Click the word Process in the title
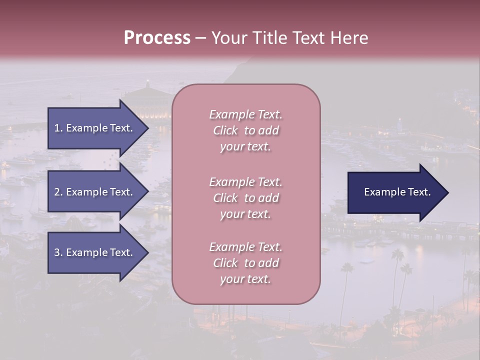pyautogui.click(x=157, y=38)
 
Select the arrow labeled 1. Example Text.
pyautogui.click(x=94, y=128)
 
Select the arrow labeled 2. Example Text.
pyautogui.click(x=94, y=192)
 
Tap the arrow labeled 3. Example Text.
pyautogui.click(x=94, y=252)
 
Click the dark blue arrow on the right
pyautogui.click(x=395, y=192)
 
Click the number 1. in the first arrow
pyautogui.click(x=58, y=128)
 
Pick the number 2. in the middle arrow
pyautogui.click(x=58, y=192)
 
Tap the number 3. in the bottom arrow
pyautogui.click(x=58, y=252)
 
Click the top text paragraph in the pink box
pyautogui.click(x=245, y=130)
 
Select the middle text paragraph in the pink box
pyautogui.click(x=245, y=198)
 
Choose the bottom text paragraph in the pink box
pyautogui.click(x=245, y=263)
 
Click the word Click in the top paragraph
pyautogui.click(x=225, y=130)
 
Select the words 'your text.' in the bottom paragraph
pyautogui.click(x=245, y=279)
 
